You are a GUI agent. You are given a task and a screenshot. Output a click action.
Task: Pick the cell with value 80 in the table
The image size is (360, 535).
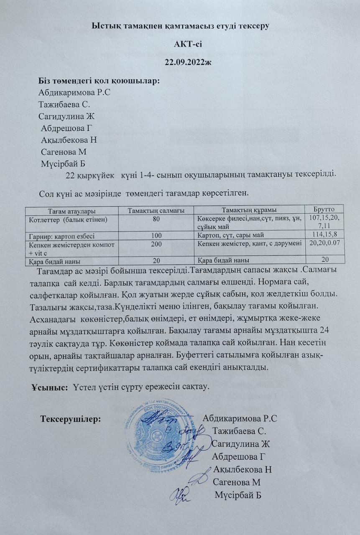156,218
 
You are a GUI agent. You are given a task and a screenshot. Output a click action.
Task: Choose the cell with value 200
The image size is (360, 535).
156,243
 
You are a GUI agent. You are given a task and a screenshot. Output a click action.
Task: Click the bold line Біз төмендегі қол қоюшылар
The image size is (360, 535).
99,81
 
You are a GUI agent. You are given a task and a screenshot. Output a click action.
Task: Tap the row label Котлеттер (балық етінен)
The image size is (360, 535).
67,219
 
